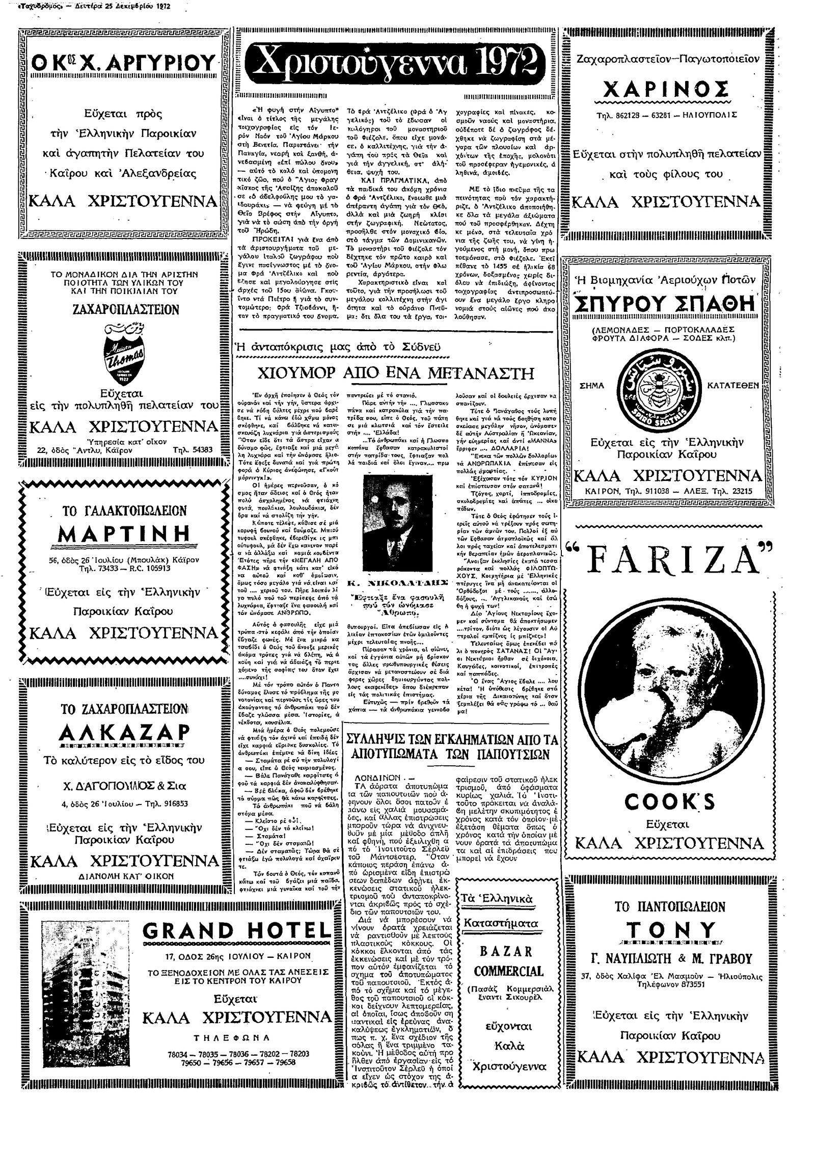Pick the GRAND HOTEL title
(236, 931)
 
